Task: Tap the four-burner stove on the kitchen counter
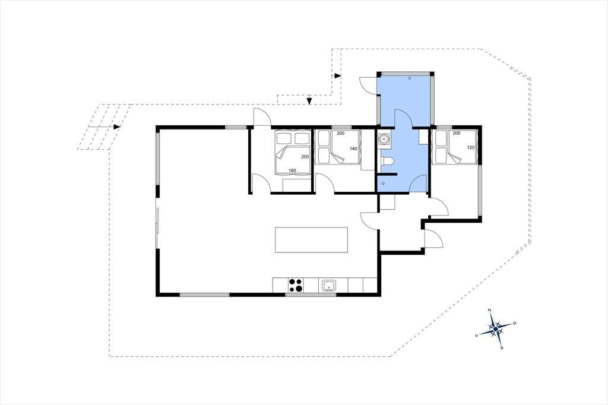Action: coord(296,285)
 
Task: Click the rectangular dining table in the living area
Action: coord(311,240)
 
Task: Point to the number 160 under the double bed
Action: coord(292,170)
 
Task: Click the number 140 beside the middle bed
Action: coord(353,148)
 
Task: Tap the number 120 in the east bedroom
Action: coord(471,147)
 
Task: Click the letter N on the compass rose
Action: coord(489,310)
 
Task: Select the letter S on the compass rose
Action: coord(502,348)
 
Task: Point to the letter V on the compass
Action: coord(476,336)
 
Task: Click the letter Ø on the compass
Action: coord(515,323)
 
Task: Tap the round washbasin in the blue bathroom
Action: coord(384,138)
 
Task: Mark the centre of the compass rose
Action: coord(496,329)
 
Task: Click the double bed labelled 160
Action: coord(292,151)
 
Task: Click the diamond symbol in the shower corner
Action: coord(384,183)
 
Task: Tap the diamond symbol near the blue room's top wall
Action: coord(410,78)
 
